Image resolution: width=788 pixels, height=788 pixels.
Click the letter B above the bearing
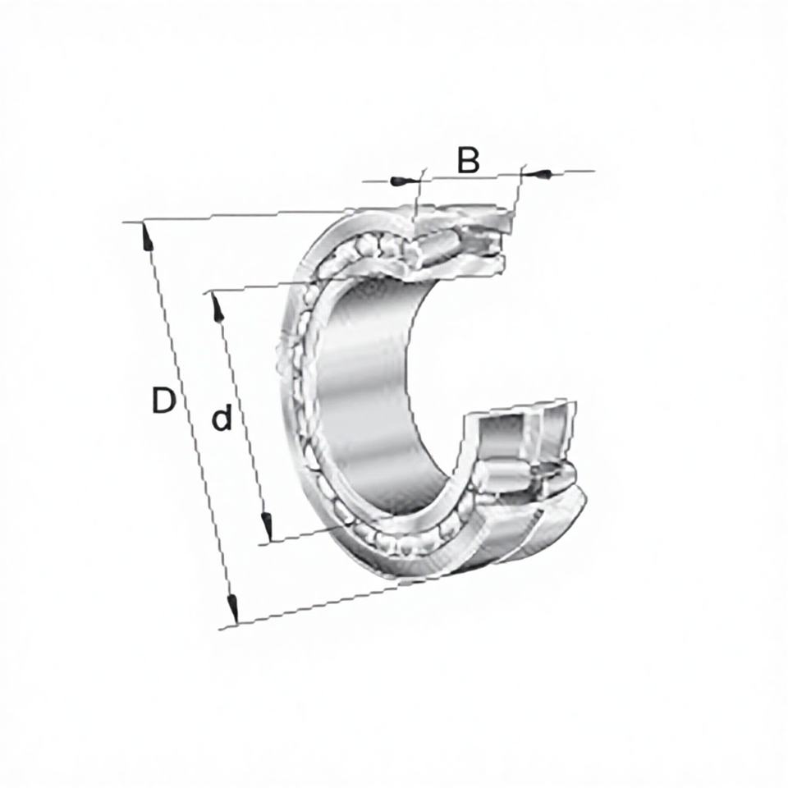pyautogui.click(x=469, y=160)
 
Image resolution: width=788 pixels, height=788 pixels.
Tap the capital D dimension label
pyautogui.click(x=164, y=401)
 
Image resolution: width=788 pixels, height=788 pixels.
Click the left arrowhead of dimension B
pyautogui.click(x=403, y=181)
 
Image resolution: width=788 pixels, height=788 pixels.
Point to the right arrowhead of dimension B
pyautogui.click(x=537, y=174)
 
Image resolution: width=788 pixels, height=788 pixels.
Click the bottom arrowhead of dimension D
pyautogui.click(x=232, y=608)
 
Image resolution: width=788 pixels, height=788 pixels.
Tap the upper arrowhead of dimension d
pyautogui.click(x=217, y=306)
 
